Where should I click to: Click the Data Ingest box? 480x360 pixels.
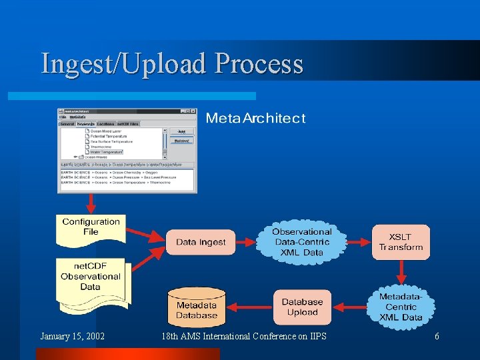point(201,242)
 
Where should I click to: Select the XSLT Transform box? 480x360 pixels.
point(401,242)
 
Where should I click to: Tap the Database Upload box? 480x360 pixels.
point(302,307)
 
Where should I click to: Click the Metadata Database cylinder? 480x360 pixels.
point(197,308)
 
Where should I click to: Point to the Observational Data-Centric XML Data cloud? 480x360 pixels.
point(302,242)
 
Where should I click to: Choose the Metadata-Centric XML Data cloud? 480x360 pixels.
point(401,307)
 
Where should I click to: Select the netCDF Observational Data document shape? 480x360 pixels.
point(91,280)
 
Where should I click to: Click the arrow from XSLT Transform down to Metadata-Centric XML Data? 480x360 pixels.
point(401,272)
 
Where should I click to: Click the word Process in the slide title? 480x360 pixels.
point(259,64)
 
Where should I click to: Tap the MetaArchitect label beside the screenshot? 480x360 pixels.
point(255,119)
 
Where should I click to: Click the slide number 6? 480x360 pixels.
point(437,337)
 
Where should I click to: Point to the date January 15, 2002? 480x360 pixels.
point(72,337)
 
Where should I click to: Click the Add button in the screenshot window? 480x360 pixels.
point(181,131)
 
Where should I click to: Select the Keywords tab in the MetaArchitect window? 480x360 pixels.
point(85,124)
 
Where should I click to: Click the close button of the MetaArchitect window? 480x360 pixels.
point(193,111)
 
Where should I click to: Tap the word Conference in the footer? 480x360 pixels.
point(273,337)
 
